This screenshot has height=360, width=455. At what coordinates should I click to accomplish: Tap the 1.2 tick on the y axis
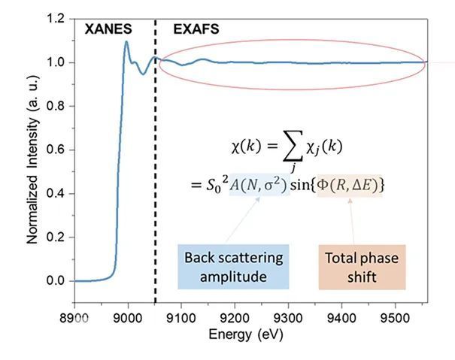(x=57, y=18)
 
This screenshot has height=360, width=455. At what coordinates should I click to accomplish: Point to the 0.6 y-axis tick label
(x=57, y=150)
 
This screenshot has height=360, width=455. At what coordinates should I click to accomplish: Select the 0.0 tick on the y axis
(x=57, y=281)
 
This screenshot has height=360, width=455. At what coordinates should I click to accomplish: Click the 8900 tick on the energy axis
(x=74, y=308)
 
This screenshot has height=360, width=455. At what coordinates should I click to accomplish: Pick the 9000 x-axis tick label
(x=128, y=308)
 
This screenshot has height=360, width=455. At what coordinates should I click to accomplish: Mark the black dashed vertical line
(x=155, y=150)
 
